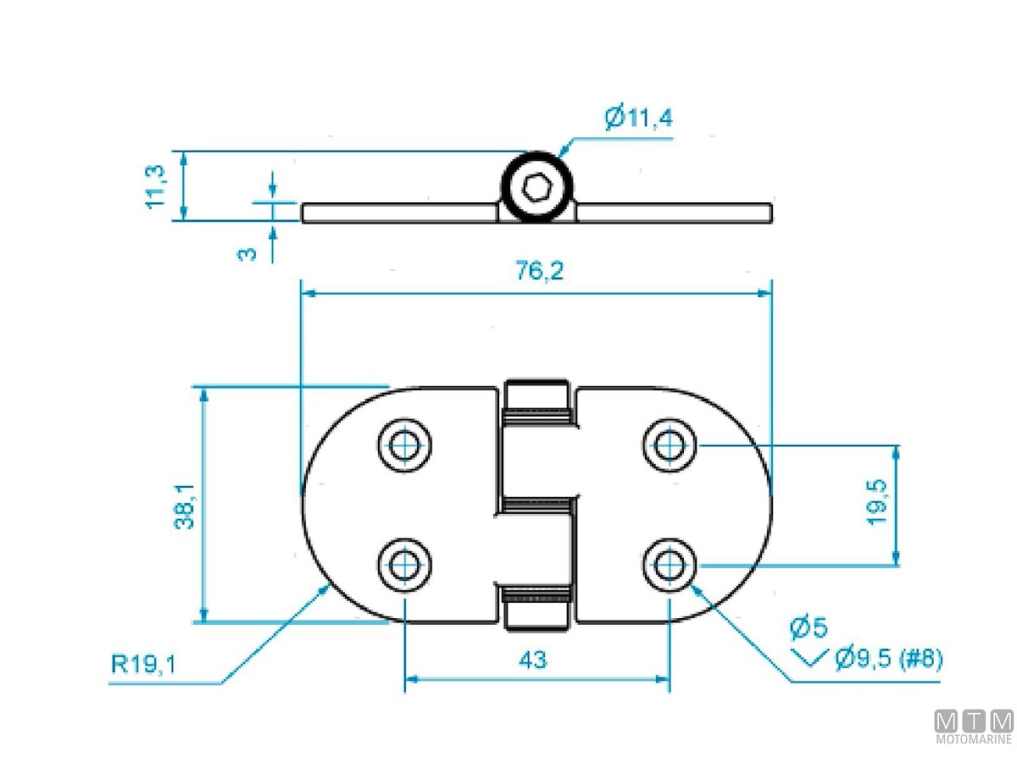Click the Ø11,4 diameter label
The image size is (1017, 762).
[x=639, y=117]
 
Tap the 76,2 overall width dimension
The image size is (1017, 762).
[x=539, y=273]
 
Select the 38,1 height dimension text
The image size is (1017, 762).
[x=185, y=506]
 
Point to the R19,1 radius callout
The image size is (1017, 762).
[x=144, y=665]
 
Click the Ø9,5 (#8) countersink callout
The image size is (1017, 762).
[x=887, y=658]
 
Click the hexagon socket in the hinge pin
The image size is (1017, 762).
[x=536, y=186]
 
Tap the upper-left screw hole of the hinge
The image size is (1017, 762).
[x=404, y=444]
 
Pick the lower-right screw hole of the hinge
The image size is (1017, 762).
[x=670, y=562]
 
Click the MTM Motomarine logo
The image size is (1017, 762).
[x=974, y=727]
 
